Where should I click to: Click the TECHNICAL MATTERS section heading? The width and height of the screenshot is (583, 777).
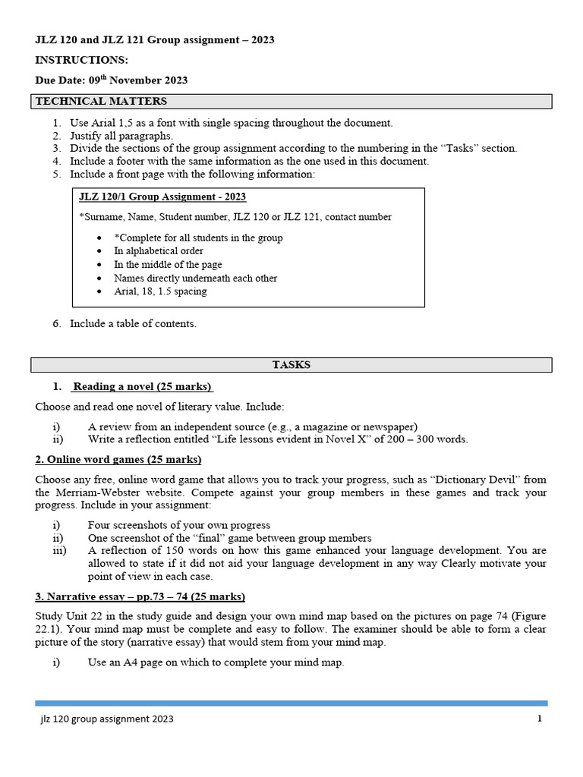tap(101, 102)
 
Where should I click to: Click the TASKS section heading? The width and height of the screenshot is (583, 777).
tap(291, 365)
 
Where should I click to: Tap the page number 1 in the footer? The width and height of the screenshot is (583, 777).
tap(539, 719)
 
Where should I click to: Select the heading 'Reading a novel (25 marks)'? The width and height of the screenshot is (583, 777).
tap(142, 387)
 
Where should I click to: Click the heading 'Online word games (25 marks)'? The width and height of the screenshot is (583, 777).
tap(118, 460)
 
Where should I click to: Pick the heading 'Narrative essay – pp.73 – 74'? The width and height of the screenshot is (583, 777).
tap(140, 596)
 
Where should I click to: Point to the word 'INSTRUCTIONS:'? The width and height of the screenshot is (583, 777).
tap(82, 60)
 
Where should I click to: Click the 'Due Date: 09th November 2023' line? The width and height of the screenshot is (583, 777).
tap(112, 80)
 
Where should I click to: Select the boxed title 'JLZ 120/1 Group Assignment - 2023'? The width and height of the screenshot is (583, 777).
tap(162, 197)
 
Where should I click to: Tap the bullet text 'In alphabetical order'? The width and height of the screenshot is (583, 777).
tap(159, 251)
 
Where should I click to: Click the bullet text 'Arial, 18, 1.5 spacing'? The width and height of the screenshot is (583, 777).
tap(160, 291)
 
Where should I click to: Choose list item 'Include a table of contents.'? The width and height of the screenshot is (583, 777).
tap(133, 323)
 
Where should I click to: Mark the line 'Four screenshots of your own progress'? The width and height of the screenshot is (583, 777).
tap(179, 525)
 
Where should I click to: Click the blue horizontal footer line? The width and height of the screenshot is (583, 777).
tap(291, 703)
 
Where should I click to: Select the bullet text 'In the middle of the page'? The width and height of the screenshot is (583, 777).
tap(168, 265)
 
